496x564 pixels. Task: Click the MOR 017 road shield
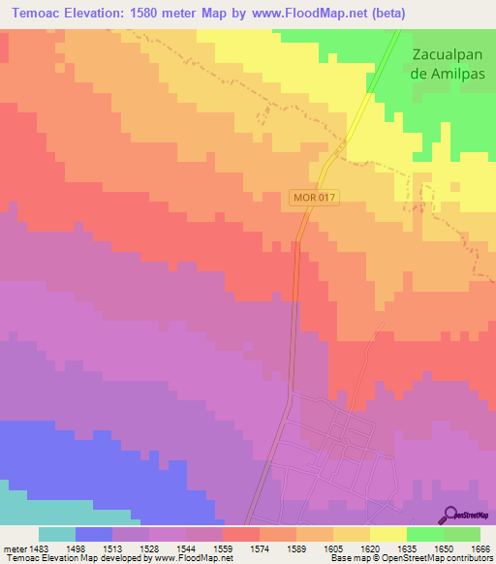(313, 198)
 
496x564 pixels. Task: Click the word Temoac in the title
(41, 14)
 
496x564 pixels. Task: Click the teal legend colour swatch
(57, 534)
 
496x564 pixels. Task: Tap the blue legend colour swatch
(94, 534)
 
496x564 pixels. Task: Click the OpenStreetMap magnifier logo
(449, 516)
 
